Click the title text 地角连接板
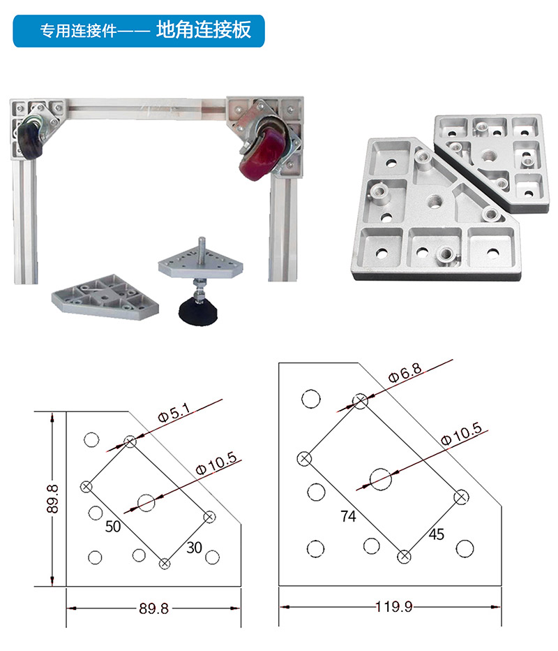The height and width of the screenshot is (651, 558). click(203, 30)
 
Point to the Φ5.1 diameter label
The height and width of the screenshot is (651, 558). click(174, 414)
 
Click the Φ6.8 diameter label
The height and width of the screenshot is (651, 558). click(405, 372)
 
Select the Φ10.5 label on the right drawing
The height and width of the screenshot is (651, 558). click(461, 434)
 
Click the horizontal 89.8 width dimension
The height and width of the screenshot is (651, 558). click(154, 608)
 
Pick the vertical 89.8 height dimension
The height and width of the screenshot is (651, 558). click(52, 499)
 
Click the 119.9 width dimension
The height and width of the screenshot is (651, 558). click(394, 606)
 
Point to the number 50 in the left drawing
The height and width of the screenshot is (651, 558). click(113, 527)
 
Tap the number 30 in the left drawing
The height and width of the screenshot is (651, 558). click(194, 548)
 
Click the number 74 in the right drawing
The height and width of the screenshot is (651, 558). click(348, 516)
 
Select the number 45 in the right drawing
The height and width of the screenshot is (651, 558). click(436, 534)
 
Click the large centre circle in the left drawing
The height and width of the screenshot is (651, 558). click(146, 503)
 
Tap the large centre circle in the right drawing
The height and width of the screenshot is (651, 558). click(381, 479)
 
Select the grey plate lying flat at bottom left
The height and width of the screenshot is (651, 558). click(105, 296)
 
